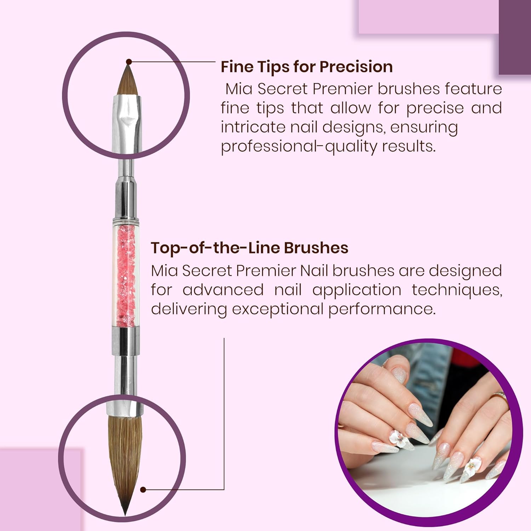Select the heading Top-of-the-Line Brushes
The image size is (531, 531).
pyautogui.click(x=250, y=248)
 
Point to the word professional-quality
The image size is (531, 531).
pyautogui.click(x=299, y=146)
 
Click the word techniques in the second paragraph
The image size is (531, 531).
pyautogui.click(x=457, y=290)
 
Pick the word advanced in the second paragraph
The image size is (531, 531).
pyautogui.click(x=223, y=290)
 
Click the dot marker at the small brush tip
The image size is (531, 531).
pyautogui.click(x=129, y=62)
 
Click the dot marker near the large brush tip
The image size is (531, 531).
pyautogui.click(x=143, y=490)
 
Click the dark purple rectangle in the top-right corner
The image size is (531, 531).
pyautogui.click(x=515, y=37)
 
